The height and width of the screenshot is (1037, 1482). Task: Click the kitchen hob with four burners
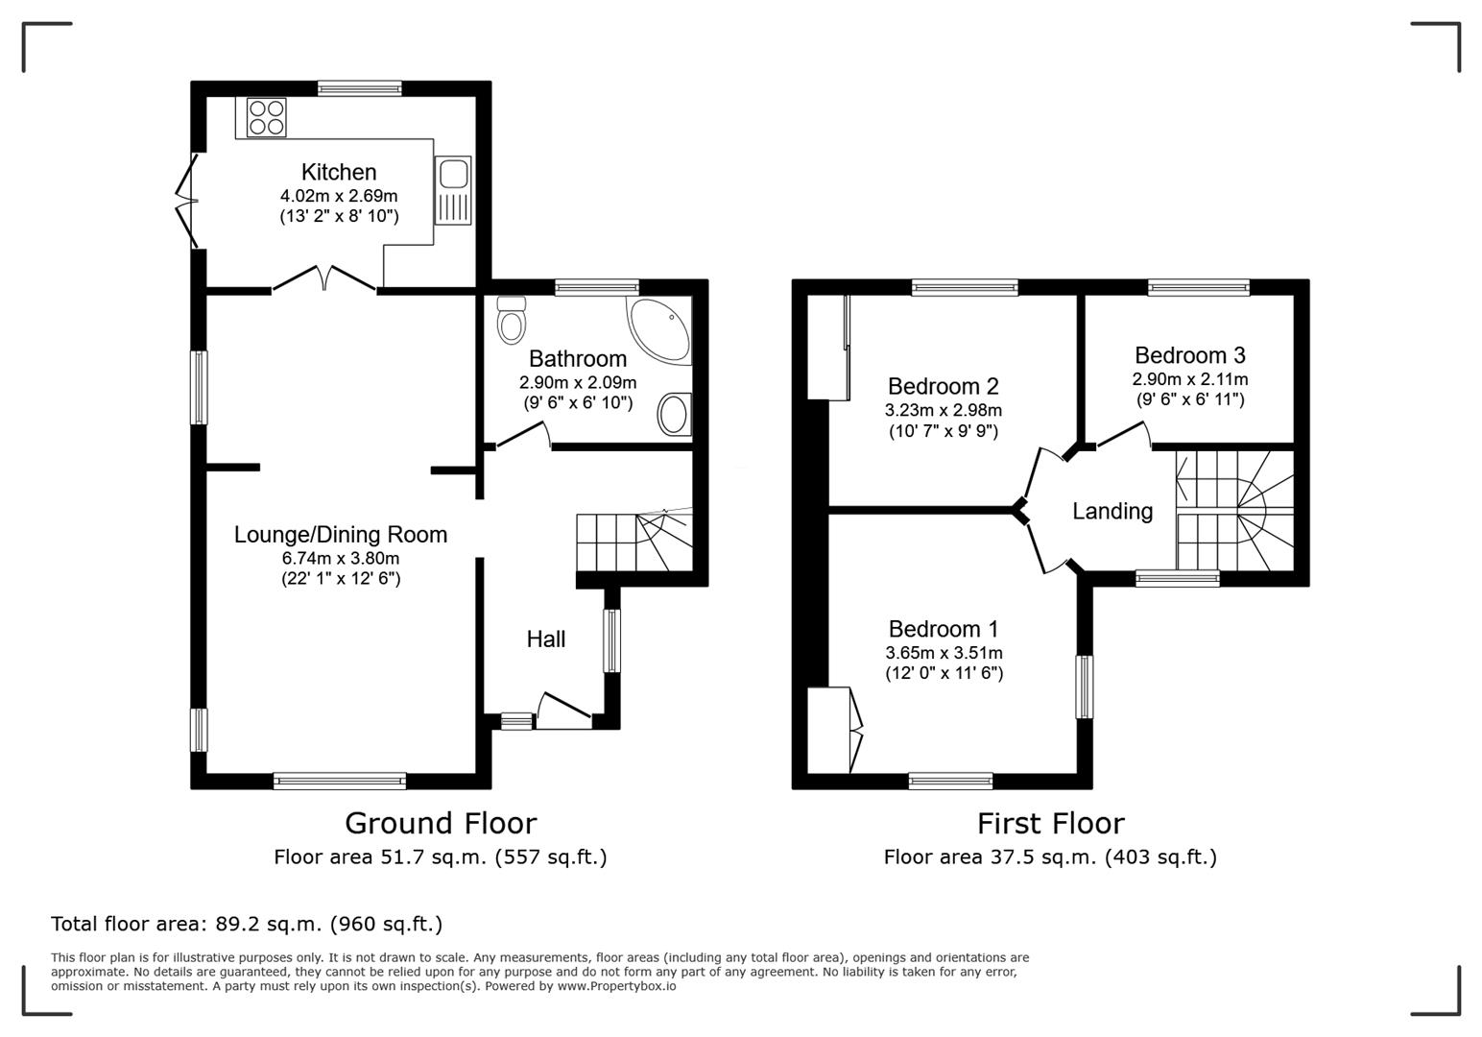click(x=267, y=117)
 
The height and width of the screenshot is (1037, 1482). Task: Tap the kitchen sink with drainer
click(x=452, y=189)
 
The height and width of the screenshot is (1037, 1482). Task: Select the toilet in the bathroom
click(x=512, y=320)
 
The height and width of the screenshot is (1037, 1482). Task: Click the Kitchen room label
click(x=339, y=172)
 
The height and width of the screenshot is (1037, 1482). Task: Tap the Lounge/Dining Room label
click(x=341, y=535)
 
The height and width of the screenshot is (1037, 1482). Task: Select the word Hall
click(x=545, y=639)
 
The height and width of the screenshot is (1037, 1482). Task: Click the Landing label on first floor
click(x=1111, y=511)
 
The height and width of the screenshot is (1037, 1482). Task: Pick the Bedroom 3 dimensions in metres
click(x=1189, y=379)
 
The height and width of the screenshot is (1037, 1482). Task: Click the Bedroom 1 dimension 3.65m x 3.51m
click(x=944, y=653)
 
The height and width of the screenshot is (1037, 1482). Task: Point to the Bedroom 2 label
click(x=943, y=386)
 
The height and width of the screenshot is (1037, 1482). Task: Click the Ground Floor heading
click(x=440, y=823)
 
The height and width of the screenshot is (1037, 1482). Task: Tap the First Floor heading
click(x=1050, y=823)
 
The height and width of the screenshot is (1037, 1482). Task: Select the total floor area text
click(x=247, y=924)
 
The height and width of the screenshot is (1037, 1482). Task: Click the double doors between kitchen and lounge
click(x=324, y=277)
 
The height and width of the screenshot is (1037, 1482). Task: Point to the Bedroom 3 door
click(x=1124, y=436)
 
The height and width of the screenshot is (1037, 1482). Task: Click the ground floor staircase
click(x=633, y=542)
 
